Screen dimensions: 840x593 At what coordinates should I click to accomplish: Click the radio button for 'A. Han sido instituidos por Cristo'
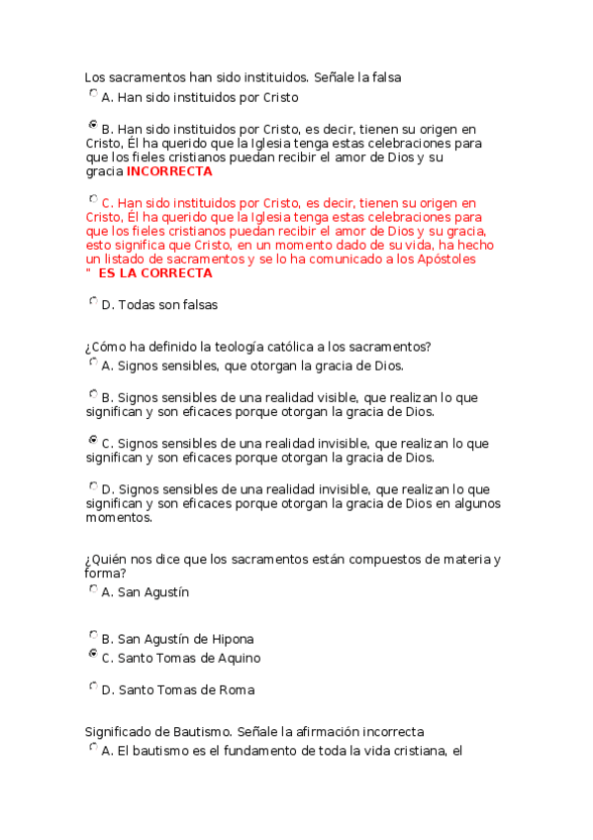pos(93,94)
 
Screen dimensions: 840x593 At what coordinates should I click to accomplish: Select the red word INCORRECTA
pos(169,171)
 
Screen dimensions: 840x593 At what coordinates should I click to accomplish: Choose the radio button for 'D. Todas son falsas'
pos(93,301)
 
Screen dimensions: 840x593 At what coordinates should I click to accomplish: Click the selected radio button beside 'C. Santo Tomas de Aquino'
pos(93,654)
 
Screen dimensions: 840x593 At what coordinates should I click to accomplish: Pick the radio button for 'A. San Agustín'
pos(93,588)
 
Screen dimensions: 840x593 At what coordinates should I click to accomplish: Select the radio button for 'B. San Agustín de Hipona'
pos(93,635)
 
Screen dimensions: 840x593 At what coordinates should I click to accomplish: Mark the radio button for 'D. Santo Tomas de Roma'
pos(93,685)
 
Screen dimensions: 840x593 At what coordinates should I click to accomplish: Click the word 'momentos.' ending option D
pos(119,517)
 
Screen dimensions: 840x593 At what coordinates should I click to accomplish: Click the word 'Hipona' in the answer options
pos(233,639)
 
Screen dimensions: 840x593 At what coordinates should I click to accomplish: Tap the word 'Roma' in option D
pos(235,689)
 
